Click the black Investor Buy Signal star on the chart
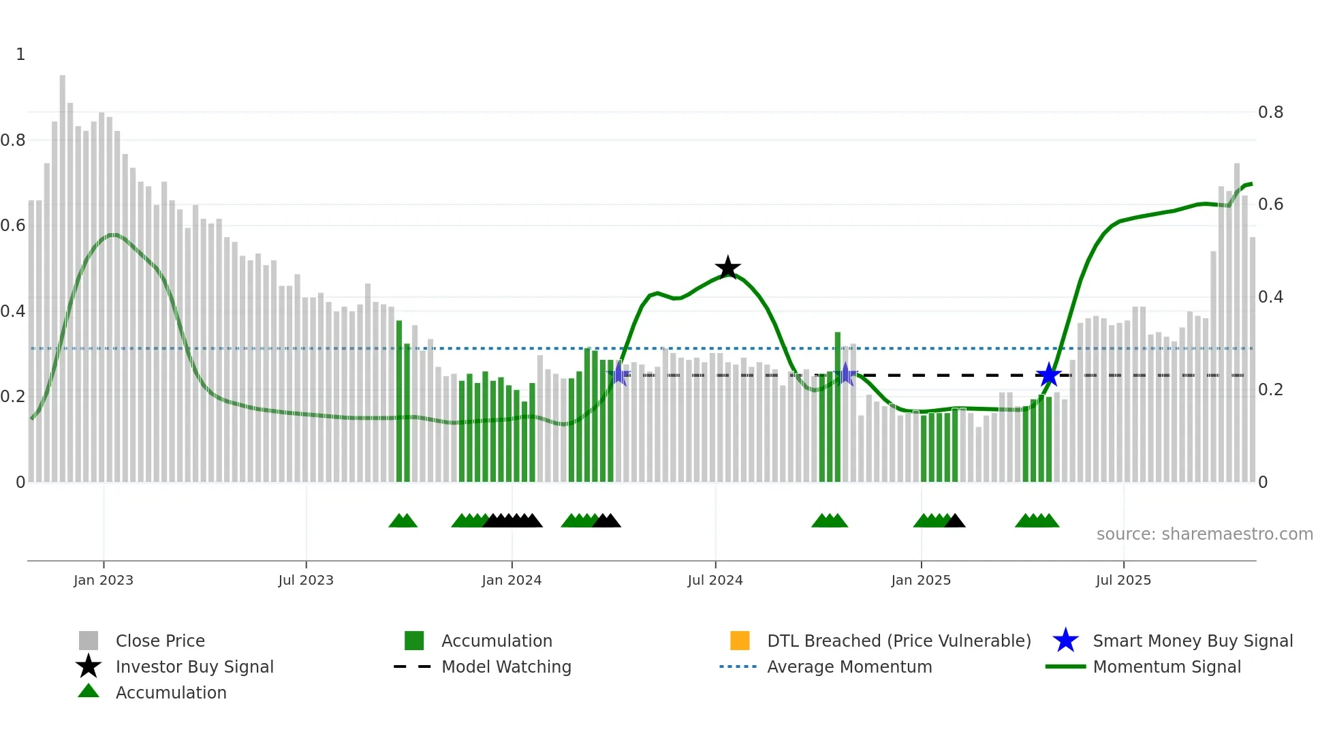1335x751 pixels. [x=727, y=268]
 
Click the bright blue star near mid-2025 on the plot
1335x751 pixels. [x=1049, y=375]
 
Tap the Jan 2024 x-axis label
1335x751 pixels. [x=512, y=580]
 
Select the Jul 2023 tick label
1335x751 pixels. [x=306, y=580]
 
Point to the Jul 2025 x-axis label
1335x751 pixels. [x=1123, y=580]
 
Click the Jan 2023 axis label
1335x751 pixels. [x=104, y=580]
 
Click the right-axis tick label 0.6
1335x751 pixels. [x=1270, y=204]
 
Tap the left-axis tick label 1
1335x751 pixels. [x=20, y=55]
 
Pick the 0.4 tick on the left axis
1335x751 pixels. [x=13, y=311]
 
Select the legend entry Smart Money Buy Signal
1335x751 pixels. [x=1193, y=641]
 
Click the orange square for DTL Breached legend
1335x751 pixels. [x=740, y=641]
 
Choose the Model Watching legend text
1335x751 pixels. [x=506, y=666]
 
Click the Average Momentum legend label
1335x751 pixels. [x=849, y=666]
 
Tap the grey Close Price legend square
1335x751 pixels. [x=89, y=641]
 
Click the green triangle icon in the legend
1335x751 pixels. [x=89, y=691]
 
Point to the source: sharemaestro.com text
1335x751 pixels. [x=1204, y=534]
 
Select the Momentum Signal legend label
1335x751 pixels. [x=1167, y=666]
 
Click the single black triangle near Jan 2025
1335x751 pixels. [x=955, y=521]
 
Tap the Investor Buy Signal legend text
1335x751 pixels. [x=194, y=666]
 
